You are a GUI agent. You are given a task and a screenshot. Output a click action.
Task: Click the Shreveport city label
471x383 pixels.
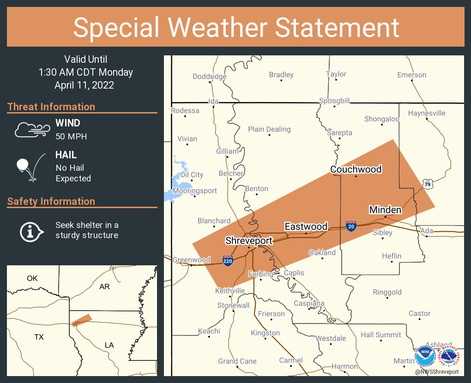(248, 240)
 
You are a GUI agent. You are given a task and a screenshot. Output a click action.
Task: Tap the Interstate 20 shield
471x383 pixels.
(351, 226)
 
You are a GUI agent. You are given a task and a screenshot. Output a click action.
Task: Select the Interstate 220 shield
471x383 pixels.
(227, 261)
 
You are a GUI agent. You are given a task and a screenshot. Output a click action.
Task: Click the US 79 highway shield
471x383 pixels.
(428, 184)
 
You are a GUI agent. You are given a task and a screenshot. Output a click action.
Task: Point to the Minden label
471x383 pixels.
(385, 210)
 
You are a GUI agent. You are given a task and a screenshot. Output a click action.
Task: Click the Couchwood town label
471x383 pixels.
(356, 169)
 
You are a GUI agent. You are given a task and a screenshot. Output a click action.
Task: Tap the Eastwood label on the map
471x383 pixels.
(306, 227)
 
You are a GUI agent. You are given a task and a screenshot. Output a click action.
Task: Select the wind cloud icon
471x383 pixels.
(31, 130)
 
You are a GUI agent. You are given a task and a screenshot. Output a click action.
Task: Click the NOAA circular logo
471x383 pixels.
(424, 356)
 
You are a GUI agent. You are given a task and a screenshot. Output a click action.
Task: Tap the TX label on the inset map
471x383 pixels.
(39, 337)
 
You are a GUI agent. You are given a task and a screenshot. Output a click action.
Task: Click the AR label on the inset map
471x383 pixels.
(105, 287)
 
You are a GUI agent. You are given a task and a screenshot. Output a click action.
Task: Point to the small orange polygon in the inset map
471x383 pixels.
(82, 320)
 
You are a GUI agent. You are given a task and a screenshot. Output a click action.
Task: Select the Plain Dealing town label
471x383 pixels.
(269, 129)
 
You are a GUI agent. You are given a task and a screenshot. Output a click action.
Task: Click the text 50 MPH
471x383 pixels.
(71, 136)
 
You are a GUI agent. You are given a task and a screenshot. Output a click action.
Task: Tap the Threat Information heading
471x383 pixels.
(51, 107)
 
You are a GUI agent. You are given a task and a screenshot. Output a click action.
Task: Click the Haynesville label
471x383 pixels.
(426, 113)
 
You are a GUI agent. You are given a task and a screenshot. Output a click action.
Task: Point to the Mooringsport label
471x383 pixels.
(194, 191)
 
